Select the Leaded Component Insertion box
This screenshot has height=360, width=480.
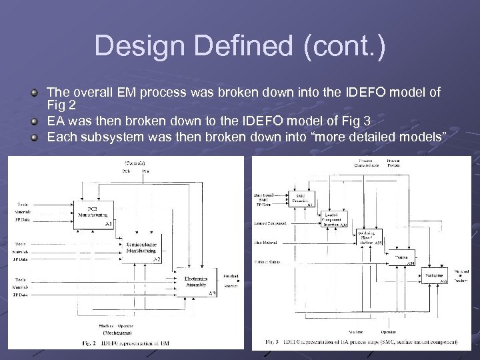click(x=333, y=219)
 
